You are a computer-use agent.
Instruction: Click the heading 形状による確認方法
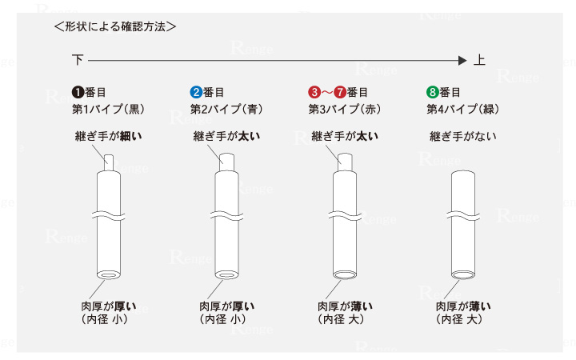click(115, 26)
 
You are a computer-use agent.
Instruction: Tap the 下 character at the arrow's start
click(78, 60)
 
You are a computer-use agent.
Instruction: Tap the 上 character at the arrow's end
click(479, 60)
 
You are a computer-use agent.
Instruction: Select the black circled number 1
click(78, 92)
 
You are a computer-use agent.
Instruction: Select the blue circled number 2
click(196, 92)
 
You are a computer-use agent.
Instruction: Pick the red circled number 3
click(314, 92)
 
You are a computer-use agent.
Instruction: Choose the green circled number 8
click(433, 92)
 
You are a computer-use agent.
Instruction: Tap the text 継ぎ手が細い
click(108, 136)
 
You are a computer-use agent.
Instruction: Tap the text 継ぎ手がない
click(463, 136)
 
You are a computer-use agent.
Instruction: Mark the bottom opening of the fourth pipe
click(462, 275)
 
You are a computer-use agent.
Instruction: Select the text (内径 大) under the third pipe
click(345, 319)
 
